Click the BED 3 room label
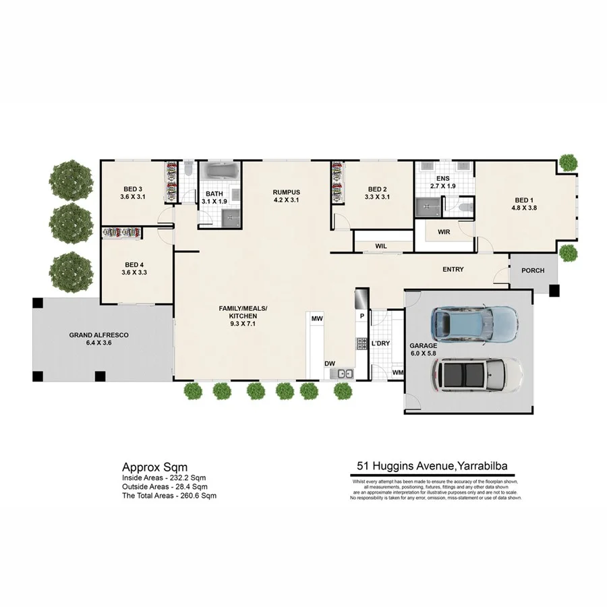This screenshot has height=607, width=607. pos(132,188)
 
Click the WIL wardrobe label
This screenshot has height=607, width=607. pos(380,246)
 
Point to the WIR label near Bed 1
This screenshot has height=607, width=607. pos(444,232)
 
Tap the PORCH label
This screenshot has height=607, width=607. pos(533,271)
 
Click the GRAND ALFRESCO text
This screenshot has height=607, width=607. pos(98,335)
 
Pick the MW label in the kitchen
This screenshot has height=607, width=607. pos(316,317)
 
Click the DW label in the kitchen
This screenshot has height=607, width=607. pos(330,364)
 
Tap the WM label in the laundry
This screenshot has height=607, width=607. pos(397,372)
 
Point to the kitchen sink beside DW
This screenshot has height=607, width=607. pos(345,373)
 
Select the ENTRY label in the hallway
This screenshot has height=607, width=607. pos(453,270)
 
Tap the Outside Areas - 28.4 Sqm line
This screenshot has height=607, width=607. pos(164,486)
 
